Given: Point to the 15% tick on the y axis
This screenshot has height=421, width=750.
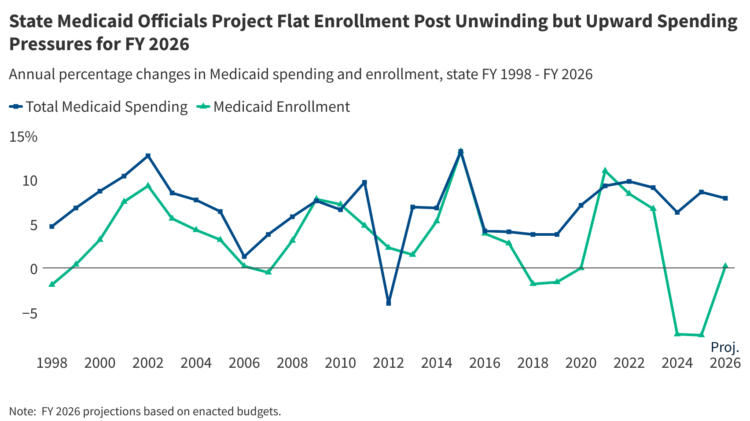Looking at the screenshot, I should pos(23,137).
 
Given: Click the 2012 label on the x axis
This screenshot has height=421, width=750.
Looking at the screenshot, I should pos(388,363).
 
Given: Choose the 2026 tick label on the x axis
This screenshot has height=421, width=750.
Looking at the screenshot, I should pos(725,363).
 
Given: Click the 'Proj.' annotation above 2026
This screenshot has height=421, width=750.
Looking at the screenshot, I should pos(725,348).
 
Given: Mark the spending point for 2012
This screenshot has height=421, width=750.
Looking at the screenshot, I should pos(388,303).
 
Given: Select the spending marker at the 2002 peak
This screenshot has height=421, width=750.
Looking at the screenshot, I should pos(148,156).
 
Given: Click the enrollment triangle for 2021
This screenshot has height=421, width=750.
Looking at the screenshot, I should pos(605,171).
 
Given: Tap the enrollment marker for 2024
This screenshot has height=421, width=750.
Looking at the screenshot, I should pos(677,334).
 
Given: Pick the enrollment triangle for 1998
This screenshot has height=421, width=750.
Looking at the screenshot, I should pos(52,284).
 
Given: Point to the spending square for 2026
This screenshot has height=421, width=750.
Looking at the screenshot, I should pos(725,198).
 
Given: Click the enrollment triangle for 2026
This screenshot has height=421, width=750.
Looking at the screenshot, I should pos(725,266).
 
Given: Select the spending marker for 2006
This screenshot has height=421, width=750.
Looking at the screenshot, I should pos(244,256).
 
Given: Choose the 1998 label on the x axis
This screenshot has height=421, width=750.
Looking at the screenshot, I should pos(52,363).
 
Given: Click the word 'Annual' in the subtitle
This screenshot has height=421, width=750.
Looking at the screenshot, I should pos(32,74).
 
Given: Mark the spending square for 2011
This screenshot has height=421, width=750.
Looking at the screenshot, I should pos(364,183).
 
